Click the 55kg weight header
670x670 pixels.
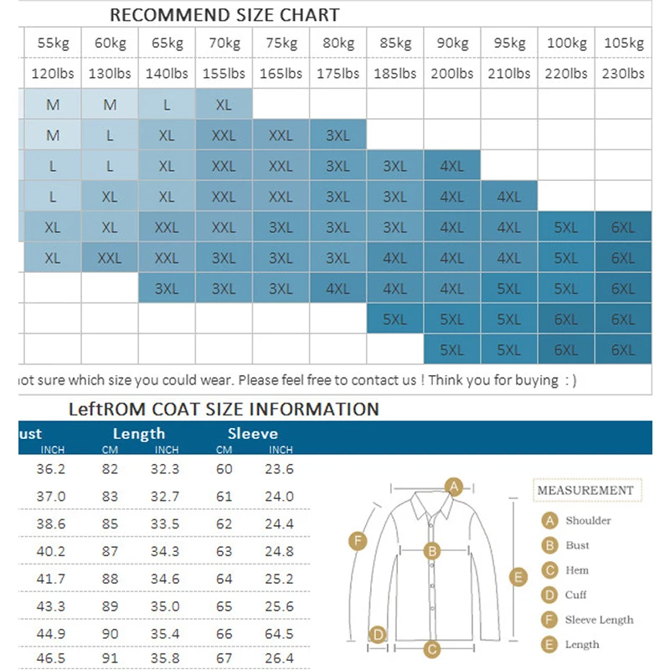pyautogui.click(x=53, y=43)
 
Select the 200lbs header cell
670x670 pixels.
pyautogui.click(x=452, y=73)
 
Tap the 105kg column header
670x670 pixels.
pyautogui.click(x=623, y=43)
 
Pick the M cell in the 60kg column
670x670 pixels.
pyautogui.click(x=110, y=105)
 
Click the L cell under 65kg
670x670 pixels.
pyautogui.click(x=167, y=105)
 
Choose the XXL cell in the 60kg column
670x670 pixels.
pyautogui.click(x=110, y=258)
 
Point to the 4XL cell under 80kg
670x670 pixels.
pyautogui.click(x=338, y=289)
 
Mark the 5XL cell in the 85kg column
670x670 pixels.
pyautogui.click(x=394, y=319)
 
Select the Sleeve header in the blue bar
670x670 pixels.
pyautogui.click(x=252, y=434)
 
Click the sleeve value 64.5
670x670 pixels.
pyautogui.click(x=280, y=634)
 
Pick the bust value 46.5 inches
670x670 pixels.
pyautogui.click(x=51, y=657)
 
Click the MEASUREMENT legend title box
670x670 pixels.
pyautogui.click(x=585, y=490)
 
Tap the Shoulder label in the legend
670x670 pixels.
pyautogui.click(x=587, y=520)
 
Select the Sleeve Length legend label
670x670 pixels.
pyautogui.click(x=599, y=620)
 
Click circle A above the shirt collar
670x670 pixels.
pyautogui.click(x=454, y=486)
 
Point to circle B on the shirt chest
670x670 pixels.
pyautogui.click(x=432, y=550)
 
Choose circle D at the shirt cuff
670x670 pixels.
pyautogui.click(x=379, y=635)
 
